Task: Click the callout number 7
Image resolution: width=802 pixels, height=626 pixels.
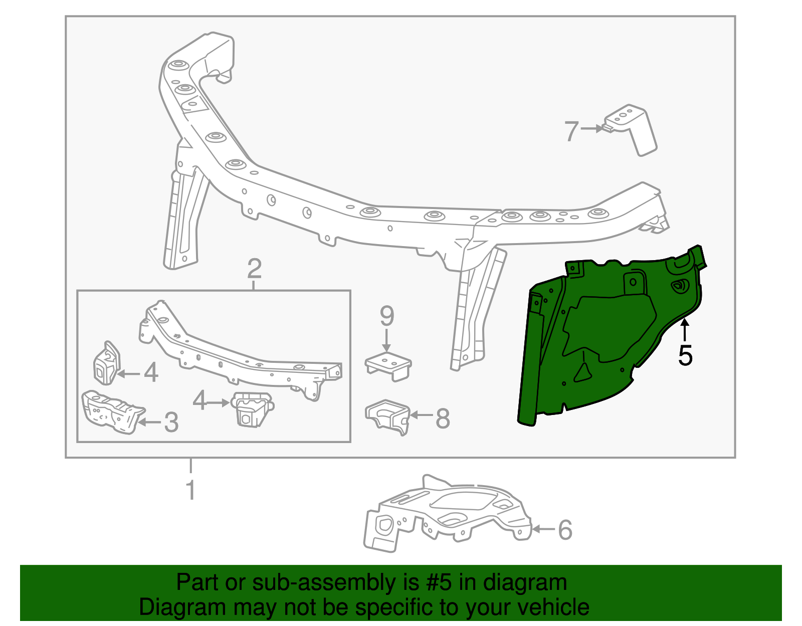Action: pyautogui.click(x=571, y=131)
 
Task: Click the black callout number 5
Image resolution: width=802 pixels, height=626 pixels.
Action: pyautogui.click(x=685, y=356)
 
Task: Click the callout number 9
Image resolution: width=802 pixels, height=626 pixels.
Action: pyautogui.click(x=387, y=316)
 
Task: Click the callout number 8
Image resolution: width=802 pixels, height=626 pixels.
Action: pyautogui.click(x=443, y=419)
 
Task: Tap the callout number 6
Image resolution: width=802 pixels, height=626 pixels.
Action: pyautogui.click(x=565, y=530)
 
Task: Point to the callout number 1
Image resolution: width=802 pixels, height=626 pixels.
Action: pyautogui.click(x=190, y=490)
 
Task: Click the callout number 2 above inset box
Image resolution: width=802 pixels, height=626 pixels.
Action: pyautogui.click(x=254, y=269)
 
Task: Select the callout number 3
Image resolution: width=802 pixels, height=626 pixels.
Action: pyautogui.click(x=171, y=423)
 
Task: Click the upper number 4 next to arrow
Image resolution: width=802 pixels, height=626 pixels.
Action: pyautogui.click(x=151, y=373)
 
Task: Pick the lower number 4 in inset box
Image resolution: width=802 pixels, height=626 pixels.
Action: pyautogui.click(x=199, y=401)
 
